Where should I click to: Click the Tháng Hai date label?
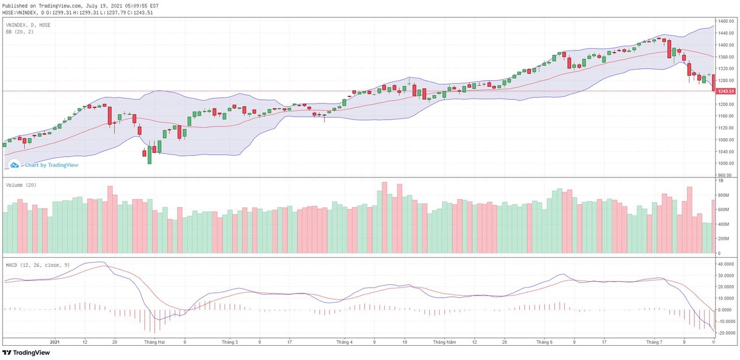point(154,341)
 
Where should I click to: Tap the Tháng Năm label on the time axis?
point(443,341)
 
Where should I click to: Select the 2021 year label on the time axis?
point(54,341)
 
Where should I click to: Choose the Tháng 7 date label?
point(653,341)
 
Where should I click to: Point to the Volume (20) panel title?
point(21,185)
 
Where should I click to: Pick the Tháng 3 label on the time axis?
point(229,341)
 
